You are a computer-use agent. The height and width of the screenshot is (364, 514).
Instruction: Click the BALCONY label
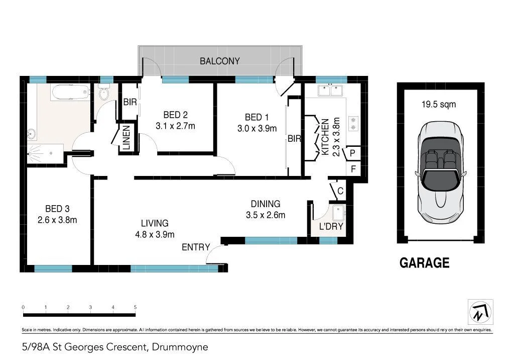[220, 61]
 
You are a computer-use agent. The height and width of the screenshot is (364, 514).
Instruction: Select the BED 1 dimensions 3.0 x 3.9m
[256, 128]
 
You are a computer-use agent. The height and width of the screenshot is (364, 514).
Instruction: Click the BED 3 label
[57, 209]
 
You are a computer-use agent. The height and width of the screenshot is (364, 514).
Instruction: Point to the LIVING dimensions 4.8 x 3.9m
[154, 234]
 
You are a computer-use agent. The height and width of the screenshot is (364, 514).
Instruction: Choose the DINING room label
[266, 204]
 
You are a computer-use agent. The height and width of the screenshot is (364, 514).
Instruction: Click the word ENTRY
[196, 247]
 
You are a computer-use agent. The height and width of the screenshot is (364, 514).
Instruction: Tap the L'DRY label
[331, 226]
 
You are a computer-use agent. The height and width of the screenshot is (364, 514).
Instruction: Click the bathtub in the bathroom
[70, 93]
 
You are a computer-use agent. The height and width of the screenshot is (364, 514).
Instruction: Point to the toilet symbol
[104, 93]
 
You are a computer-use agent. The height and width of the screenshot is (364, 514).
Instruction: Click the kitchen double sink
[330, 90]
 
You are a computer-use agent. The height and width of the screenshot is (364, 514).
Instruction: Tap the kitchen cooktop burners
[353, 124]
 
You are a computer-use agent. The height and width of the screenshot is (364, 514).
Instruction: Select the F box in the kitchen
[353, 169]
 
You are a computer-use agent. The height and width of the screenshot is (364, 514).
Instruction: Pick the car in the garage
[440, 172]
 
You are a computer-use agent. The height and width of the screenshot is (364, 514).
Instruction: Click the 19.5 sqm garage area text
[440, 105]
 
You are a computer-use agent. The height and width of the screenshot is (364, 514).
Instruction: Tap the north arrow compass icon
[480, 312]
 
